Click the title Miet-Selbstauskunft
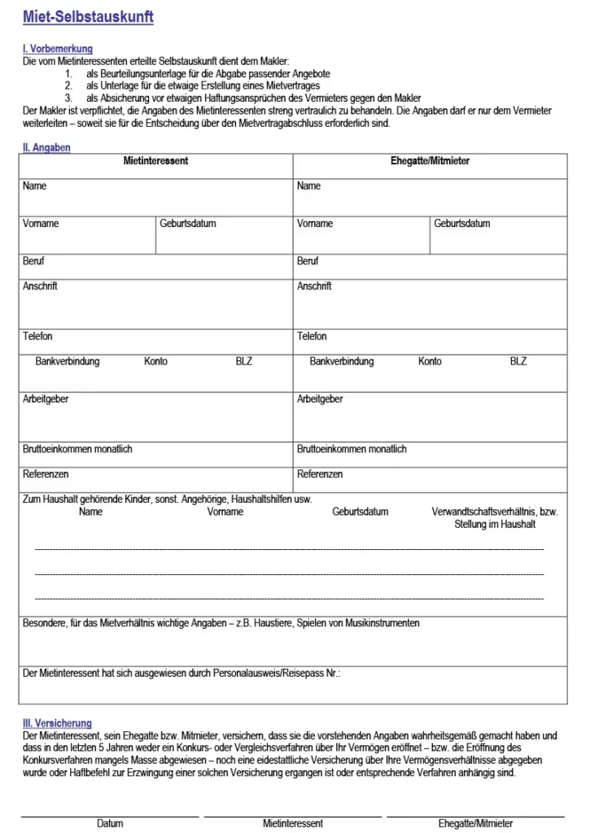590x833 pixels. (x=88, y=17)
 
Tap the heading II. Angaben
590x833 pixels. (x=46, y=147)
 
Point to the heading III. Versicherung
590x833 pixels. (x=57, y=723)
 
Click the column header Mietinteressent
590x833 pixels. (x=155, y=161)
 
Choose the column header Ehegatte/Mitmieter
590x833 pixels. (x=430, y=161)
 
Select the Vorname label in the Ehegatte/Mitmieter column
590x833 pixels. (x=315, y=224)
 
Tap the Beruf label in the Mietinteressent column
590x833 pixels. (x=33, y=261)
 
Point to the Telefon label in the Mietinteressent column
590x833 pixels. (x=37, y=336)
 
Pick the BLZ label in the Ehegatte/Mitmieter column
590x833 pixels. (x=518, y=361)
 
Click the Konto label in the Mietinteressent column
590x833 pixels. (x=155, y=361)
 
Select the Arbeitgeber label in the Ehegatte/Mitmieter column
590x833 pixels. (x=320, y=399)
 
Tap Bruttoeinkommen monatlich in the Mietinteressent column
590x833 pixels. (x=77, y=449)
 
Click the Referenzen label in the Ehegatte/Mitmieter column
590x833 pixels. (x=320, y=474)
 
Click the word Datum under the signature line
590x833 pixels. (x=110, y=823)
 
